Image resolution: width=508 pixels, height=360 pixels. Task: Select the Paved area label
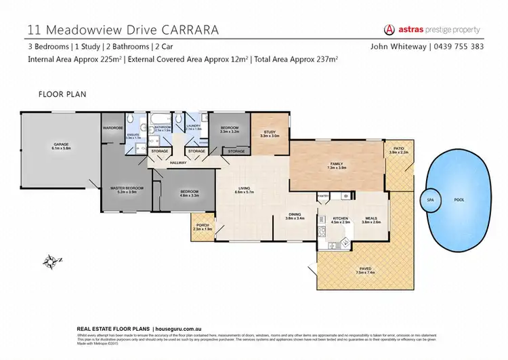click(x=365, y=269)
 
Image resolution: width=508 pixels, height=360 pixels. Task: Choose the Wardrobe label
click(x=112, y=127)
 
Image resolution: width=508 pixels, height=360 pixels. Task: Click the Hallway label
click(x=178, y=162)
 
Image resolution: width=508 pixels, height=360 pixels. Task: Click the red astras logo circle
click(x=389, y=30)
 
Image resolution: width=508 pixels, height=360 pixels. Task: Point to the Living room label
click(x=243, y=189)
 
